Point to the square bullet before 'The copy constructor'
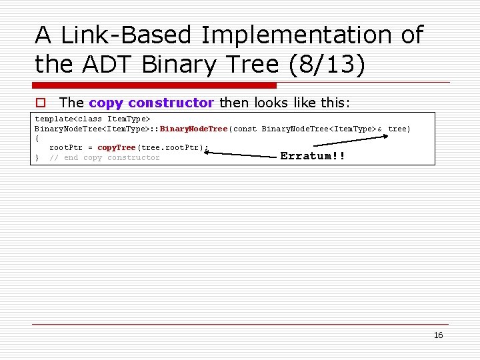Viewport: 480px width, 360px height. click(40, 103)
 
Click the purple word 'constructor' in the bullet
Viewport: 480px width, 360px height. click(171, 103)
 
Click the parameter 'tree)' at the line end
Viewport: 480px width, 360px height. click(399, 128)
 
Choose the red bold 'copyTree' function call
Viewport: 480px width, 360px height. click(116, 147)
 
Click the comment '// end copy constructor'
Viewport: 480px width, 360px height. click(105, 157)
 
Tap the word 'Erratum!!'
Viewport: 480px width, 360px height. click(313, 156)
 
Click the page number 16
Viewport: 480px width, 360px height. click(438, 335)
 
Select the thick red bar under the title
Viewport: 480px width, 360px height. click(155, 85)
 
